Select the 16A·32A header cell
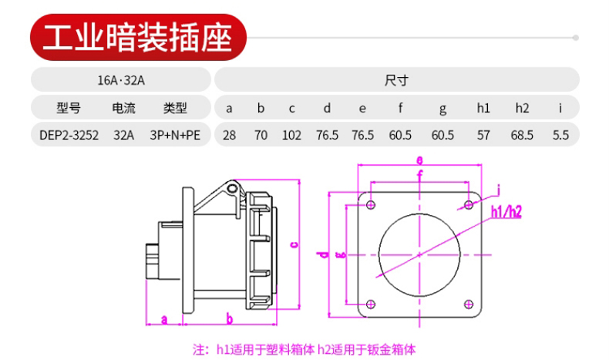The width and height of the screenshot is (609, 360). point(122,79)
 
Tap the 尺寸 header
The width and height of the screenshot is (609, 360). point(395,79)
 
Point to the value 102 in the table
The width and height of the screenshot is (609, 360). point(291,135)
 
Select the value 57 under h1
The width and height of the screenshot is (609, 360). point(483,135)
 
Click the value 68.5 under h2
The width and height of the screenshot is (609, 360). point(522,135)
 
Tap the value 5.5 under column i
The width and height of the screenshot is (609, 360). point(560,135)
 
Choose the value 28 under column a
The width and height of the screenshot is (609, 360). point(229,135)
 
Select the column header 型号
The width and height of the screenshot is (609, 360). point(69,108)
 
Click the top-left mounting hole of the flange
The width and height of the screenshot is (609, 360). point(371,205)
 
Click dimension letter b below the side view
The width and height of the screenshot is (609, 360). point(229,318)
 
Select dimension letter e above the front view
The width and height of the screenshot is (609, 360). point(419,160)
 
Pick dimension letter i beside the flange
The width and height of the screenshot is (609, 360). point(499,188)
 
